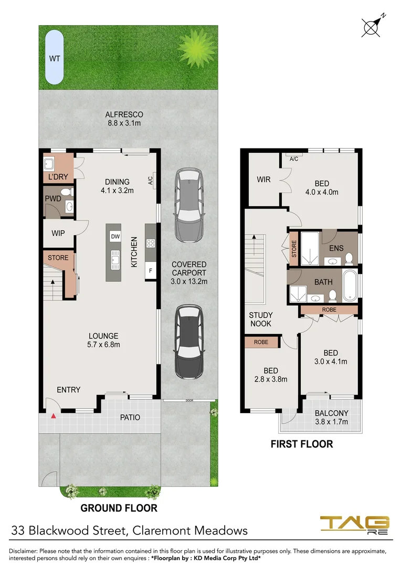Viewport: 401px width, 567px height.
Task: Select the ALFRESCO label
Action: (124, 114)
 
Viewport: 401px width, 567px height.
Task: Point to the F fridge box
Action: (151, 271)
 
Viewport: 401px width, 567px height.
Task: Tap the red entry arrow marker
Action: (54, 416)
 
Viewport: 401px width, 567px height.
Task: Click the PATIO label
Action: (130, 417)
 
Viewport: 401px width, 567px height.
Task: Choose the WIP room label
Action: (58, 233)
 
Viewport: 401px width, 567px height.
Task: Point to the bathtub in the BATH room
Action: (350, 286)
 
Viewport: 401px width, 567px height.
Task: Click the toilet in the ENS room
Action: (349, 258)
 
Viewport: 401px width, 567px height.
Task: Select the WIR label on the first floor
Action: (263, 180)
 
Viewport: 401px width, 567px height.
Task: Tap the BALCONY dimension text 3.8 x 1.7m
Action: (332, 422)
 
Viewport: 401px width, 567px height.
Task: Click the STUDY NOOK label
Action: (260, 319)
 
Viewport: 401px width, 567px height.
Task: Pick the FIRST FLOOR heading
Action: (301, 444)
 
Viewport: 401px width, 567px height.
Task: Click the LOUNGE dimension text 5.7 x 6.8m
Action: (104, 344)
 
